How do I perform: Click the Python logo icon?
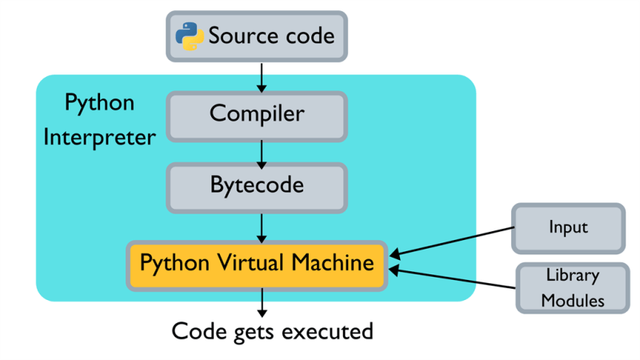190,36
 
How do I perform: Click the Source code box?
257,36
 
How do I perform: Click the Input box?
568,227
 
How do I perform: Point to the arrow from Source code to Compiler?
262,77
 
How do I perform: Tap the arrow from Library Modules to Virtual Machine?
452,278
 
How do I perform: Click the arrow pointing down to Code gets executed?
262,304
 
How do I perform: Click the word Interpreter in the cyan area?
99,138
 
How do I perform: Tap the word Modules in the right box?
572,301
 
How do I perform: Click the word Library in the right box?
572,275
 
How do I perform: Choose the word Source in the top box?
236,36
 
